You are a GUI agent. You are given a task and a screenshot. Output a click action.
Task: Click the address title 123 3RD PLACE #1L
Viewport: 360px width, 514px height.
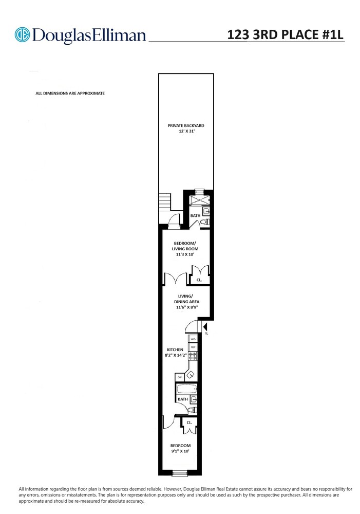(286, 34)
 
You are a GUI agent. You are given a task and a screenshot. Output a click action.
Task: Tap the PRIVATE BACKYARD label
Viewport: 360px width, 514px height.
(186, 125)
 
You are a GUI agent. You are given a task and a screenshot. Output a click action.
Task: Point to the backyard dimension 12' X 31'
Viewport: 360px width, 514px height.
(186, 132)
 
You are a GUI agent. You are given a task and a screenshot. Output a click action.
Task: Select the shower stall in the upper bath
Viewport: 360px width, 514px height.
(199, 200)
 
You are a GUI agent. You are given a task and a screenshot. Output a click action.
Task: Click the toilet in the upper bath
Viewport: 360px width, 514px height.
(205, 222)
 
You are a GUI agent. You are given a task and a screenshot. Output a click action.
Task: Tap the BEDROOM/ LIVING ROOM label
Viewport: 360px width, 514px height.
(184, 246)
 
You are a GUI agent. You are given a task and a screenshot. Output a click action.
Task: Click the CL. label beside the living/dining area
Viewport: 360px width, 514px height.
(199, 280)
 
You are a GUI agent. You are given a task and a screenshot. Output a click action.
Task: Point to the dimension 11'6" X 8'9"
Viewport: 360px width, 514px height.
(186, 307)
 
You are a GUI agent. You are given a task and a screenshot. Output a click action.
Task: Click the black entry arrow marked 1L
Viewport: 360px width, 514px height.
(205, 326)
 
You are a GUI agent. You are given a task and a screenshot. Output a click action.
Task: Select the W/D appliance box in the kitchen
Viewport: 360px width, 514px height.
(193, 339)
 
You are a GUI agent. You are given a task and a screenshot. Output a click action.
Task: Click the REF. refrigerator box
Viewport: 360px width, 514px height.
(193, 347)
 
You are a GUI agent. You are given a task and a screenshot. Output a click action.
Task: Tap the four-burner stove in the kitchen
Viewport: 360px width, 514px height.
(193, 356)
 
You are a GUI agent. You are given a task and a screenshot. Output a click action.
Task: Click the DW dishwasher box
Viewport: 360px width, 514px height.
(180, 377)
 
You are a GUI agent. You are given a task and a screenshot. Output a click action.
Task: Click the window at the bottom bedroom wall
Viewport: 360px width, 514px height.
(180, 473)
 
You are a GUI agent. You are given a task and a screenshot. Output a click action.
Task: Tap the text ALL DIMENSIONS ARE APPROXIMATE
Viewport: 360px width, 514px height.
(70, 94)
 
